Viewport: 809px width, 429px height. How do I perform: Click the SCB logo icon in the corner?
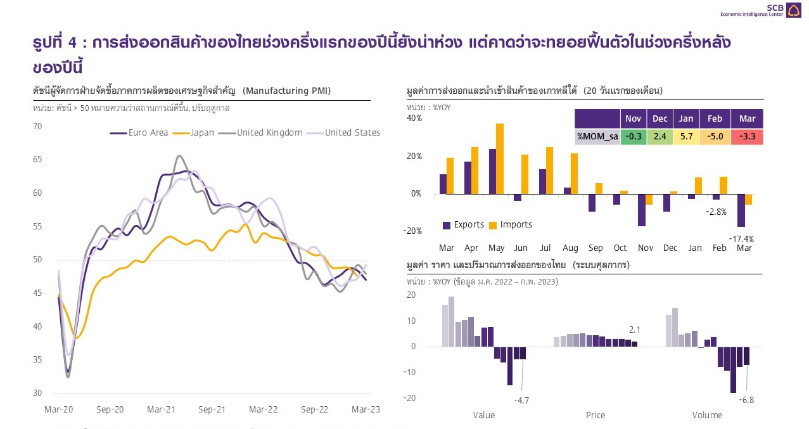[x=793, y=10]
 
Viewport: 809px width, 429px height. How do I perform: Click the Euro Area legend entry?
[x=139, y=133]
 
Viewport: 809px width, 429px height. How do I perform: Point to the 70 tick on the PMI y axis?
[x=37, y=126]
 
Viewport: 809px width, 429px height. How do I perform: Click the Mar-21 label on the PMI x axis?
[x=161, y=410]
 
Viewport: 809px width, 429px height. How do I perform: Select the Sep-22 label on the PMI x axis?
[x=315, y=410]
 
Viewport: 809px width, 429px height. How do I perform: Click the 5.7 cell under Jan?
[x=686, y=136]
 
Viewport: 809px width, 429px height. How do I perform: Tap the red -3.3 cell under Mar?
[x=747, y=136]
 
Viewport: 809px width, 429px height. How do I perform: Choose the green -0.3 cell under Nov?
[x=633, y=136]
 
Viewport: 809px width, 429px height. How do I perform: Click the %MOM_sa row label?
[x=597, y=136]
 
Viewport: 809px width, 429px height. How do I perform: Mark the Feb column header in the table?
[x=715, y=119]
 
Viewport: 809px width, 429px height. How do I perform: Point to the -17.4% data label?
[x=741, y=239]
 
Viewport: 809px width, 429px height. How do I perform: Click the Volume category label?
[x=707, y=415]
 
